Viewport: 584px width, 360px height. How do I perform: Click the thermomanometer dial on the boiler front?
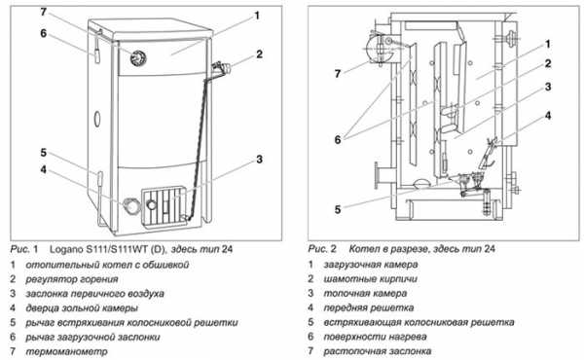138,58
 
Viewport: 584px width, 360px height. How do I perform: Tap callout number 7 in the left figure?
43,12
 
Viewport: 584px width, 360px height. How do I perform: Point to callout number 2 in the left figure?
259,54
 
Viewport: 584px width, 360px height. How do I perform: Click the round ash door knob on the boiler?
130,205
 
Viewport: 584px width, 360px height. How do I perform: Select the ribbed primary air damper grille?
164,206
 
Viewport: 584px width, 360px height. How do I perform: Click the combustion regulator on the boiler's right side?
221,68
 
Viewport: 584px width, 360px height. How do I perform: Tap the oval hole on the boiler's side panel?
96,119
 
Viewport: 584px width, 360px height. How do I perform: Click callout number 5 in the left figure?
43,153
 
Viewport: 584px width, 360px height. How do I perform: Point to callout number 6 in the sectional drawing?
338,140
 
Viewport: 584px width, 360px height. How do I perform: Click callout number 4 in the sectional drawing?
548,116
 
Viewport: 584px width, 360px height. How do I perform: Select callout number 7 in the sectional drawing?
338,74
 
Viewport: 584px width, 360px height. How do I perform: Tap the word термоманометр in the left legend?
66,351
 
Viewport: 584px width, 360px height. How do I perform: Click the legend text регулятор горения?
71,279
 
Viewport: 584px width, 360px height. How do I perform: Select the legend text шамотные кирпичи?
370,279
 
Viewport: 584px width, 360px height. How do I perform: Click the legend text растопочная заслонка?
378,351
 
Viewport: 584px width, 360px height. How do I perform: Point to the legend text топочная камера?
365,294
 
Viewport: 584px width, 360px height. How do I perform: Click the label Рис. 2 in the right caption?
322,249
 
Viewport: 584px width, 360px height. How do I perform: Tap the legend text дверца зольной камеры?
82,308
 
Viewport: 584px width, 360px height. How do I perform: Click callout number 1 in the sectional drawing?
547,44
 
